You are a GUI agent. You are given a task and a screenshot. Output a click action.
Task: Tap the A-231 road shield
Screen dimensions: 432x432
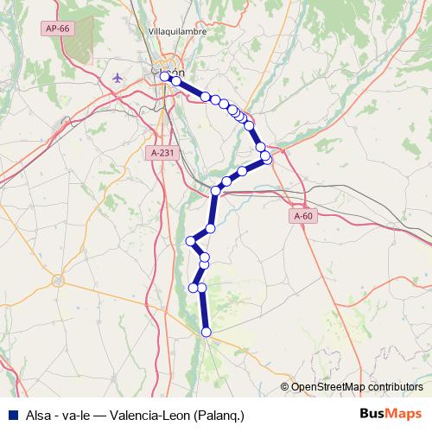pyautogui.click(x=162, y=153)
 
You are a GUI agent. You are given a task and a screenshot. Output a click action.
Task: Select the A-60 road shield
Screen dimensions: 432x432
pyautogui.click(x=302, y=216)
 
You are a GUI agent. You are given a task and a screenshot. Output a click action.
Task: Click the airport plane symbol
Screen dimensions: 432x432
pyautogui.click(x=118, y=78)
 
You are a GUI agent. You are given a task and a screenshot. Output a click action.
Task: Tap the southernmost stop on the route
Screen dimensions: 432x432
pyautogui.click(x=206, y=332)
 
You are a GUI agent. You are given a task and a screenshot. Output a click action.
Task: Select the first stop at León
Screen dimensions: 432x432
pyautogui.click(x=164, y=77)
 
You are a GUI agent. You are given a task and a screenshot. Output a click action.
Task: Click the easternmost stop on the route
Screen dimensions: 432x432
pyautogui.click(x=267, y=158)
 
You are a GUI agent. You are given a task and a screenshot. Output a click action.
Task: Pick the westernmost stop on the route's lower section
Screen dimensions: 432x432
pyautogui.click(x=191, y=240)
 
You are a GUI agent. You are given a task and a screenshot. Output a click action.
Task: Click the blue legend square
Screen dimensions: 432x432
pyautogui.click(x=12, y=414)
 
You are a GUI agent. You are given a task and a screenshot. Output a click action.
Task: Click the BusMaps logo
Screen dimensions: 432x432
pyautogui.click(x=391, y=414)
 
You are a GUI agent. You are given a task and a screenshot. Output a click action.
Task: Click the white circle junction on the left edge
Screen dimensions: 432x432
pyautogui.click(x=58, y=280)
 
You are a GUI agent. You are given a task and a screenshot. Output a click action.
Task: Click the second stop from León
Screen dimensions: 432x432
pyautogui.click(x=175, y=81)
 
